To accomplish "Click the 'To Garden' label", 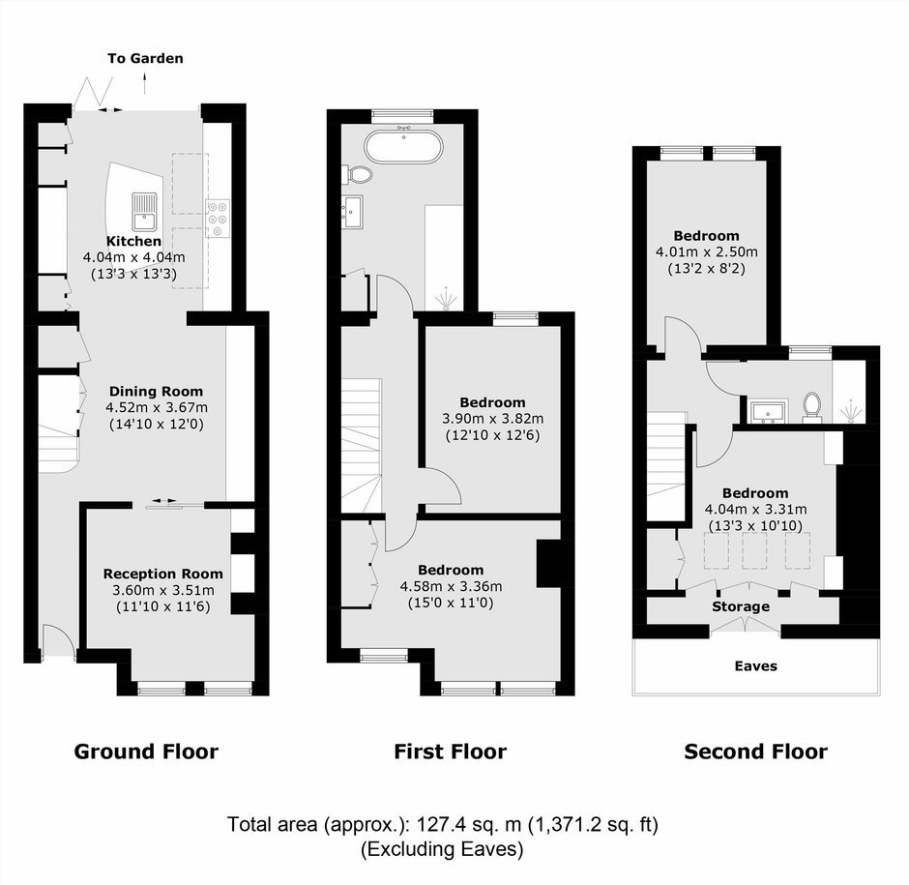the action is click(145, 58).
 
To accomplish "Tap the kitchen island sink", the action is click(144, 211).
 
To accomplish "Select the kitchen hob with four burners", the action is click(218, 219).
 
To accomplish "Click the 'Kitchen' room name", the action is click(133, 241).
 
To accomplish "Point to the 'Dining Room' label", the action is click(156, 392).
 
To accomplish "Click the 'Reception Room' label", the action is click(162, 574).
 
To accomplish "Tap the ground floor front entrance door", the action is click(58, 641).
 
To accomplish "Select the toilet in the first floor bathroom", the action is click(358, 173).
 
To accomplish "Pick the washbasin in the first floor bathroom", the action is click(352, 212).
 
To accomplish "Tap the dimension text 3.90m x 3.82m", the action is click(493, 419).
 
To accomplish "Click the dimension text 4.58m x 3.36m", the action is click(451, 586).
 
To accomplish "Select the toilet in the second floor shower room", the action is click(811, 405).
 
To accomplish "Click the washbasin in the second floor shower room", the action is click(768, 411).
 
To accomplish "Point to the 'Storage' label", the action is click(741, 606).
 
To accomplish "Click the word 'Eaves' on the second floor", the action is click(756, 665).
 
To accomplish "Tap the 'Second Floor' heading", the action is click(756, 752).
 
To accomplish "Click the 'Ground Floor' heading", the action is click(146, 752).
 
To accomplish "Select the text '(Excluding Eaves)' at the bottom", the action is click(442, 849).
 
